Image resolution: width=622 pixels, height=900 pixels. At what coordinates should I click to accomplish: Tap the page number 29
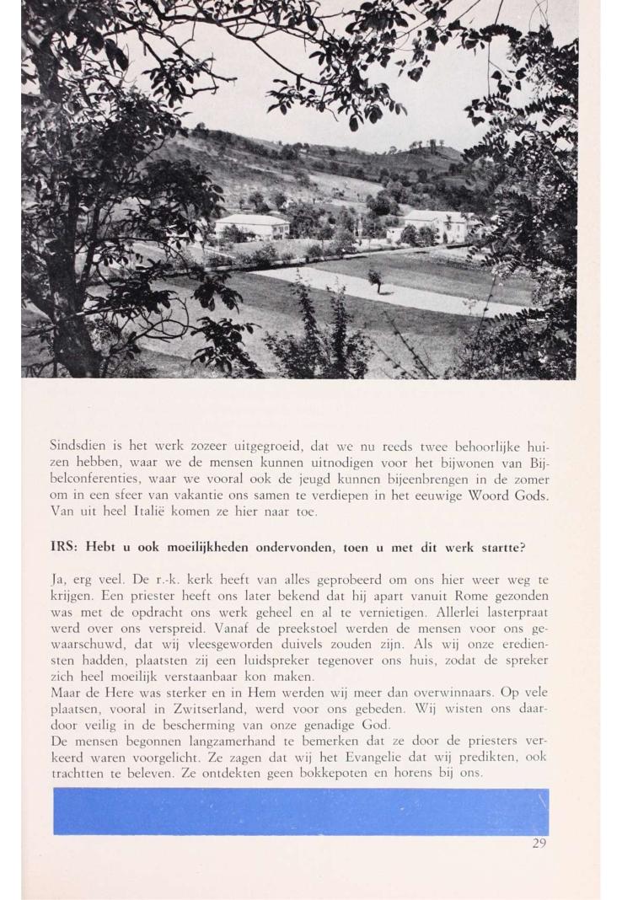540,843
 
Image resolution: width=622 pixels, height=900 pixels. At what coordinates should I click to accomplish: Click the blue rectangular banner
301,812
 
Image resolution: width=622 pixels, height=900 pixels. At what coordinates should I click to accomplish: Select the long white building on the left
251,226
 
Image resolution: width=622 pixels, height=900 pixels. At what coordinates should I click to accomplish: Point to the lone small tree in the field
374,279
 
